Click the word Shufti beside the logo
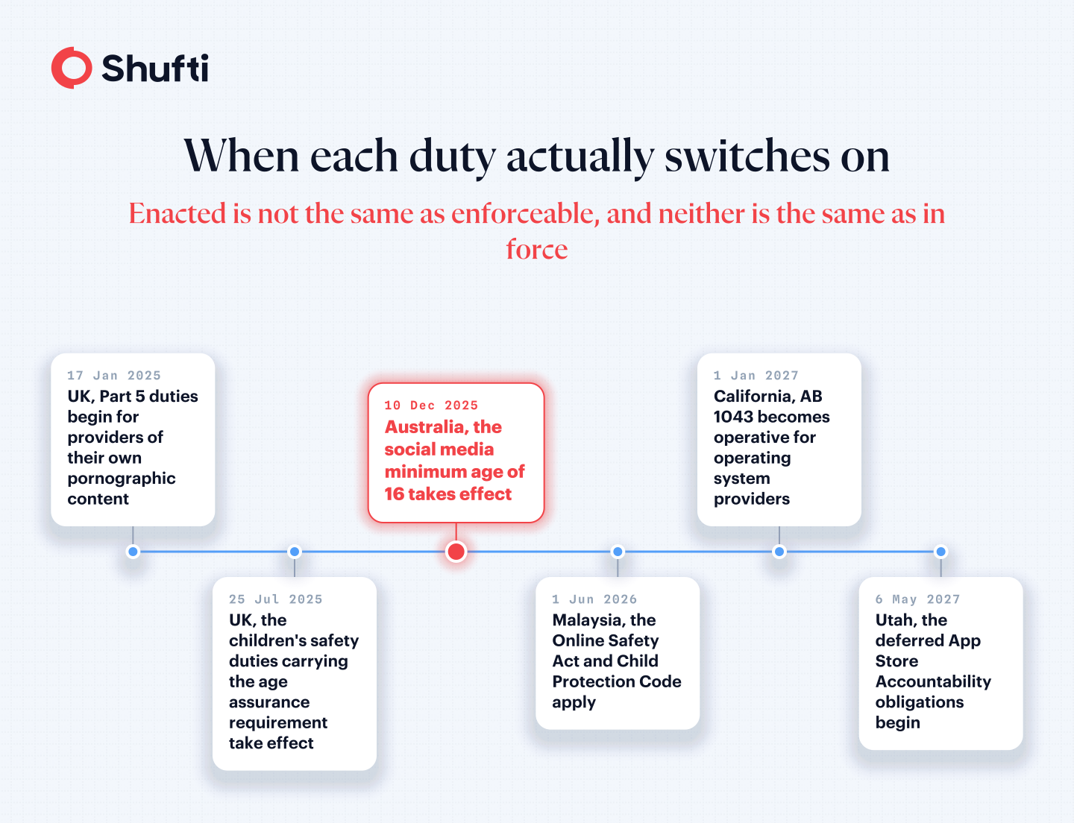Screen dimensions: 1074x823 [x=154, y=68]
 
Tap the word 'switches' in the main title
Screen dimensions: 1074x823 [x=747, y=156]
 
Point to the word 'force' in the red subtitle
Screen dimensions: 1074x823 [x=537, y=248]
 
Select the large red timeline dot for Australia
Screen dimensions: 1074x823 [x=456, y=552]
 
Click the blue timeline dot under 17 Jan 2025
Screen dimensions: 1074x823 [x=133, y=552]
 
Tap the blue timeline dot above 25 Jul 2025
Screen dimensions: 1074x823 [x=294, y=552]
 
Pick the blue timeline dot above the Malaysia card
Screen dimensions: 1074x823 [x=618, y=552]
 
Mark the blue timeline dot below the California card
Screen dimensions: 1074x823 [x=779, y=552]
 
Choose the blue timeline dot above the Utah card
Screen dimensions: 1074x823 [x=940, y=552]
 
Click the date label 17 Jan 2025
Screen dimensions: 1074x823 [x=114, y=376]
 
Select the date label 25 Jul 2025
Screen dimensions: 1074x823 [x=276, y=599]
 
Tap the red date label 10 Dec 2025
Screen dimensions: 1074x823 [x=432, y=406]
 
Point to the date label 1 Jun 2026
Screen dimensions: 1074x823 [x=594, y=599]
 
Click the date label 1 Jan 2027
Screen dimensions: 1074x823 [x=756, y=376]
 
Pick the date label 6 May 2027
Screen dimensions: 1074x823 [x=918, y=599]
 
